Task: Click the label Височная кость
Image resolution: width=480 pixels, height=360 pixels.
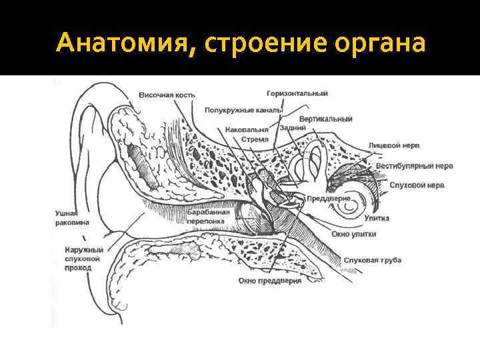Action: click(x=167, y=95)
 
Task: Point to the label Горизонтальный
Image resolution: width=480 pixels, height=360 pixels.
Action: click(x=296, y=93)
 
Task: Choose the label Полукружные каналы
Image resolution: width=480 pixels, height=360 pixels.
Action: click(x=238, y=109)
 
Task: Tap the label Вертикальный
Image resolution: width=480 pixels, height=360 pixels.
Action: click(x=326, y=119)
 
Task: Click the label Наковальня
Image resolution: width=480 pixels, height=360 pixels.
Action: click(x=247, y=129)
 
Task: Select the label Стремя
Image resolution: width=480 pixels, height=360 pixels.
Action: click(x=255, y=139)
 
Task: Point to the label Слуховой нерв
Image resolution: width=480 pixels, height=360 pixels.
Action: click(x=417, y=185)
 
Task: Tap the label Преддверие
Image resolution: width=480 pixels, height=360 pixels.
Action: click(x=328, y=199)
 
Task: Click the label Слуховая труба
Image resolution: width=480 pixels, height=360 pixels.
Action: click(x=372, y=260)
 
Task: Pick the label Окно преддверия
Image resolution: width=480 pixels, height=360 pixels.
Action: click(x=269, y=281)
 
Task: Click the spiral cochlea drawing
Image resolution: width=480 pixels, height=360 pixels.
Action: click(x=349, y=204)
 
